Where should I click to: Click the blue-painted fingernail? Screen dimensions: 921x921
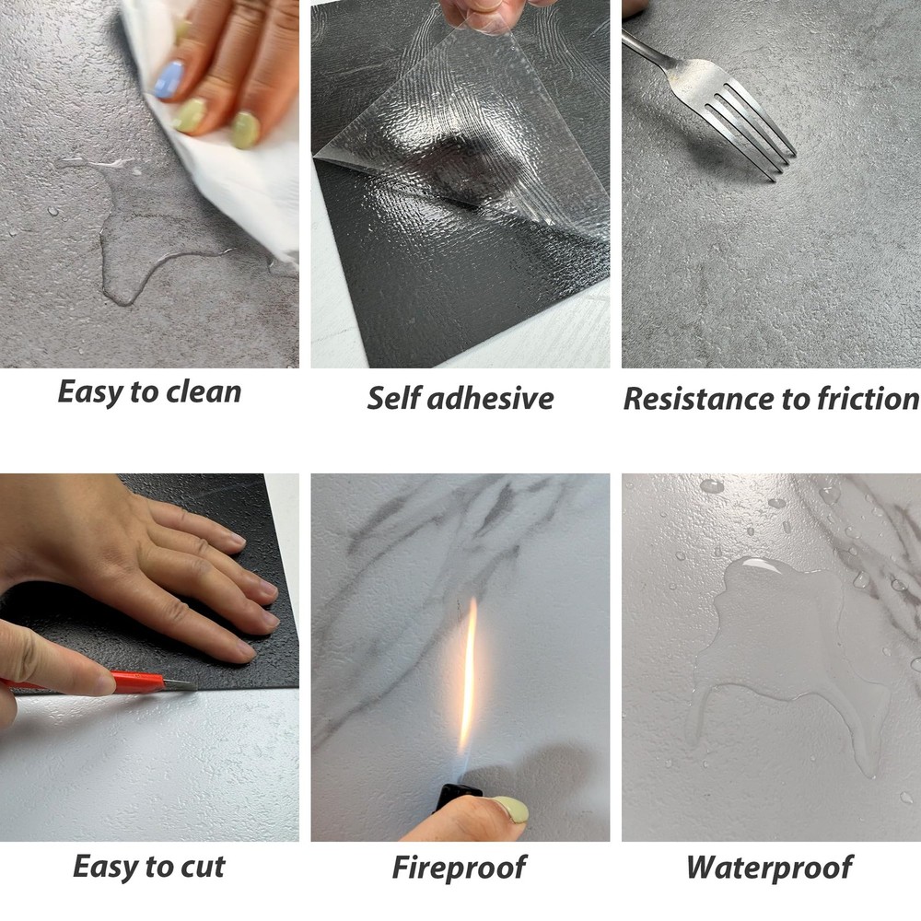[169, 79]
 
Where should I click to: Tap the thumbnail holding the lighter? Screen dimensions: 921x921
[510, 810]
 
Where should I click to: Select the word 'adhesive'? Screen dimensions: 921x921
[491, 398]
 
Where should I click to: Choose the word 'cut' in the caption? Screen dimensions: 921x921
[203, 868]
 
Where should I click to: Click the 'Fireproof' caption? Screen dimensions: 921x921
[460, 869]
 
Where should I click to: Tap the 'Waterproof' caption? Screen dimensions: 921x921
[769, 869]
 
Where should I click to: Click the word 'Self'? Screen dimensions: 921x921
[392, 398]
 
